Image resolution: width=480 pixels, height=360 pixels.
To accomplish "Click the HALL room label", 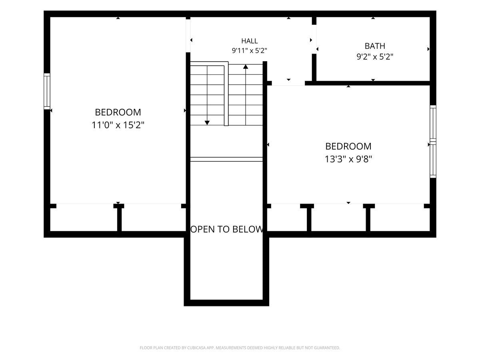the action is pos(249,41).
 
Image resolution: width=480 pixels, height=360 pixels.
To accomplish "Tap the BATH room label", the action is pos(375,46).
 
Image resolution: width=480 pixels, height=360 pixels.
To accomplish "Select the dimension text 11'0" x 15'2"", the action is pos(118,125).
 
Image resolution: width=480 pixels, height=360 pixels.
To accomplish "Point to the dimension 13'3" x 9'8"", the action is pos(348,159).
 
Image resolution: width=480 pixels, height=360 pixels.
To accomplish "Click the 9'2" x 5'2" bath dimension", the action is pos(375,57).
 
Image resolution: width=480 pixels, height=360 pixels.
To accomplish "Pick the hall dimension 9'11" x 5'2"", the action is pos(249,51).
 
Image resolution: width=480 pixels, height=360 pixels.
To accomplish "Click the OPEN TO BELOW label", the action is pos(226,229).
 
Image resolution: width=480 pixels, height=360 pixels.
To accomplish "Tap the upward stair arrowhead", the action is pos(246,67).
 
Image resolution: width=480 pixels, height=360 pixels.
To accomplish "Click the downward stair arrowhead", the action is pos(207,123).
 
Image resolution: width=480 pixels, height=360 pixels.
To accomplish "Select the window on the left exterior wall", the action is pos(47,91).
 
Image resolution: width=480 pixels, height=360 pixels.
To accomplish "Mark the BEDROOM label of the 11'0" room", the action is pos(118,112).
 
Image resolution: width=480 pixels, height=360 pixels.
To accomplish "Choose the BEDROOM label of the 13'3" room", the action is pos(348,146).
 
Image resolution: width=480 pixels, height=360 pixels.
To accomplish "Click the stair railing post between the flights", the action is pos(226,94).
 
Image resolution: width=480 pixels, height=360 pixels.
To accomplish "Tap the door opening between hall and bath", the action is pos(314,39).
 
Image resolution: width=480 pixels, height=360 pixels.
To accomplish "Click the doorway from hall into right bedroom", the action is pos(288,83).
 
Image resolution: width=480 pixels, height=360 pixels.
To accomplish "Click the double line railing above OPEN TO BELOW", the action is pos(226,159).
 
